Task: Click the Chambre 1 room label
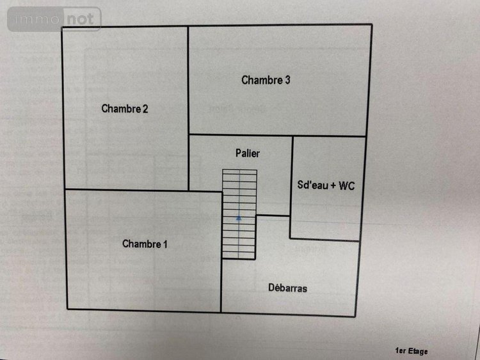click(145, 244)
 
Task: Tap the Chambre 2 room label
click(125, 109)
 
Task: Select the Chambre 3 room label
click(266, 80)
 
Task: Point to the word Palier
click(247, 153)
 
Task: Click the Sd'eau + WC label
click(326, 186)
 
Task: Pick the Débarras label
click(287, 288)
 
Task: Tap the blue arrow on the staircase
click(239, 218)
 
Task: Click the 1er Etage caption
click(412, 351)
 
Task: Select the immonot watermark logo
click(54, 19)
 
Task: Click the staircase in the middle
click(239, 214)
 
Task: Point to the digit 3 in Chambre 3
click(288, 80)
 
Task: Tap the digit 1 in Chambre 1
click(165, 244)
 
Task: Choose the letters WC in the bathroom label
click(346, 186)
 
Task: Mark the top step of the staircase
click(239, 173)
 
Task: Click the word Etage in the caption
click(418, 351)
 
